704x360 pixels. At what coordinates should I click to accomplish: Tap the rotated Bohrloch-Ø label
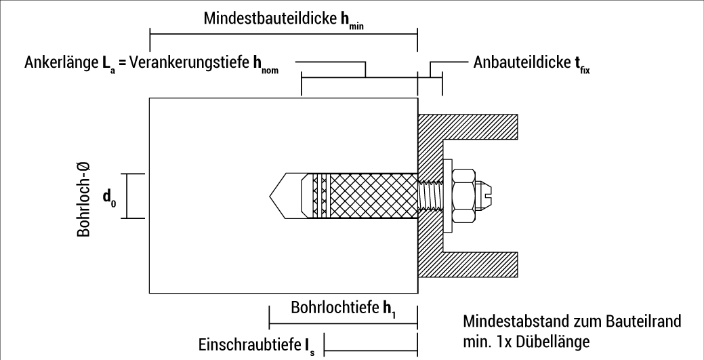point(85,197)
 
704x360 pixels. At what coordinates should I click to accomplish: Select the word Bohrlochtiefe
point(334,308)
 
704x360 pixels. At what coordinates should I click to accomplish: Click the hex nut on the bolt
point(463,195)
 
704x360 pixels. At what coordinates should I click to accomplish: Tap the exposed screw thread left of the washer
point(430,195)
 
